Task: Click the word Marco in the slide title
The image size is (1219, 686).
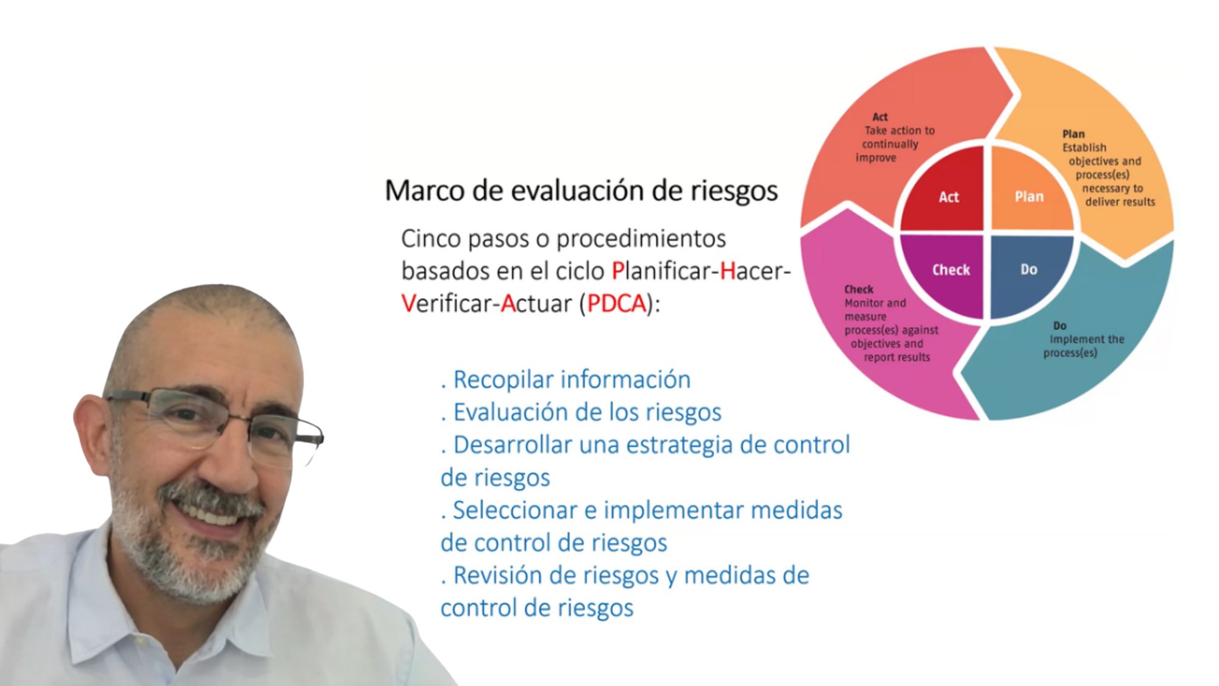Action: click(425, 191)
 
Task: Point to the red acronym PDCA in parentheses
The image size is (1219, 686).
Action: click(616, 304)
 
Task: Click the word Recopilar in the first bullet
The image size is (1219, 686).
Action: click(503, 381)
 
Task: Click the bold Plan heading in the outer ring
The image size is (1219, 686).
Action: click(1073, 134)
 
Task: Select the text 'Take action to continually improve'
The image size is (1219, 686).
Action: click(895, 145)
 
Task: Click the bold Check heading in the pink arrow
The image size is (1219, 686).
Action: click(858, 290)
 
